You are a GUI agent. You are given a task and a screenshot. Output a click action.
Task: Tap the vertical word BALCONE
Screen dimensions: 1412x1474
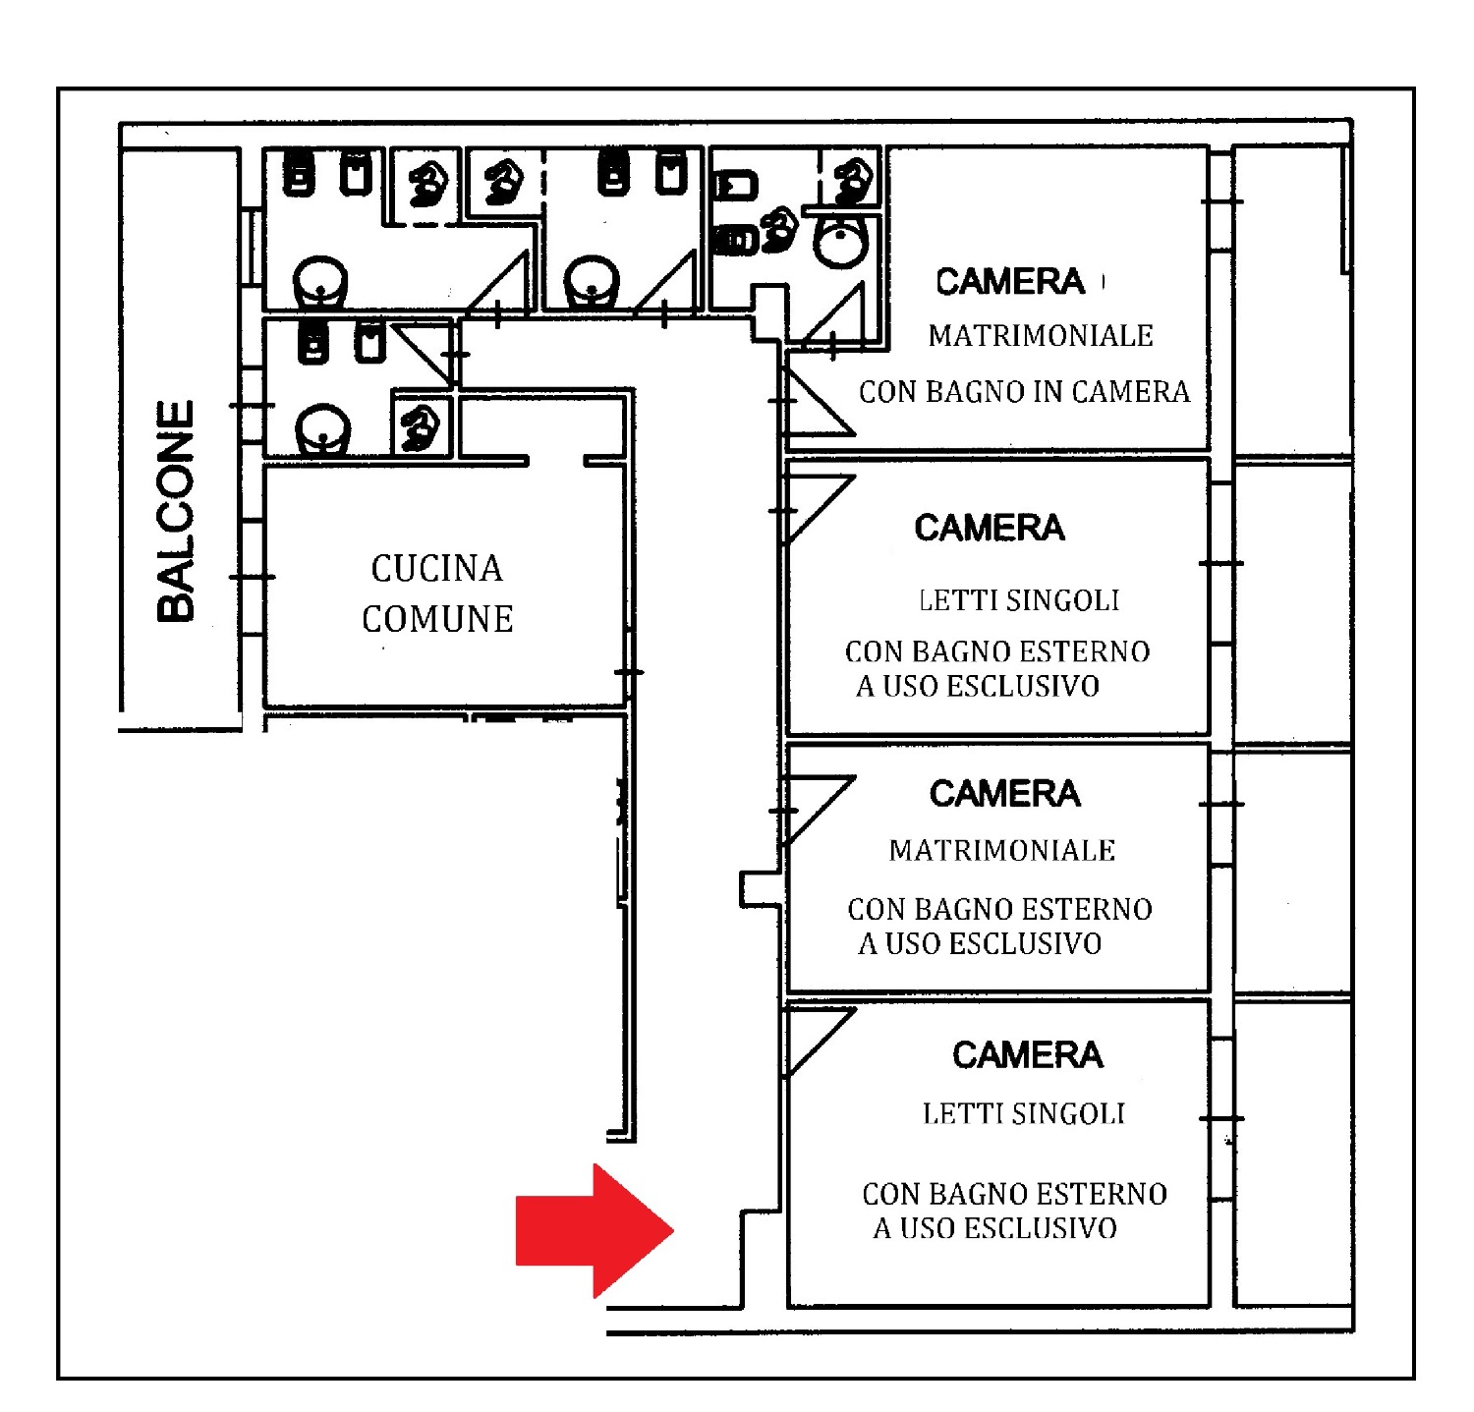[x=177, y=511]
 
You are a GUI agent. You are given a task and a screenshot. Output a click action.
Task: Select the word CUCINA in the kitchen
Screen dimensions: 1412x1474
[x=436, y=568]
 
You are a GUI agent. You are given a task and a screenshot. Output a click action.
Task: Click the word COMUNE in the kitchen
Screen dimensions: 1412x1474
[x=437, y=619]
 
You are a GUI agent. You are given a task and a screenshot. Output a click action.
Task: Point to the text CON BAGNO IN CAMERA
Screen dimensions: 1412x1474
[x=1024, y=392]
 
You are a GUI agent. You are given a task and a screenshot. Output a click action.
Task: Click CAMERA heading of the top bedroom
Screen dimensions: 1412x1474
[x=1009, y=282]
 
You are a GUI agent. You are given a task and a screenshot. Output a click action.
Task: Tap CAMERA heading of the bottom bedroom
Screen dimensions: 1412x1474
[x=1027, y=1055]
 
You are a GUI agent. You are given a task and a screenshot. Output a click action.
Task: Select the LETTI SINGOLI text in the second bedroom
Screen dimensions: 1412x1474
[x=1018, y=600]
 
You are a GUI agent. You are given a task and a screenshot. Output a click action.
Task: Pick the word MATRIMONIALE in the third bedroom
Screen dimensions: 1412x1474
[x=1001, y=851]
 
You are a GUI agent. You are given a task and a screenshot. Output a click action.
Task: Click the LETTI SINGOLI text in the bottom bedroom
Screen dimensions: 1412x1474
[x=1023, y=1113]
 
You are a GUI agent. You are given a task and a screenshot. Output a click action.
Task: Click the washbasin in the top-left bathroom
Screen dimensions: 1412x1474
[x=320, y=281]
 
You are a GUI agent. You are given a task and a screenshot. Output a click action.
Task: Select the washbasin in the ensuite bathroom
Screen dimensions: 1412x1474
[x=840, y=242]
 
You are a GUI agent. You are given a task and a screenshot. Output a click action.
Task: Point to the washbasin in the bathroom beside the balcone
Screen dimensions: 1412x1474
[x=323, y=429]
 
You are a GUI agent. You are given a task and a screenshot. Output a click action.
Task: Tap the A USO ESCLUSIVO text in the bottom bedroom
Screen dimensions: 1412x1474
[x=994, y=1228]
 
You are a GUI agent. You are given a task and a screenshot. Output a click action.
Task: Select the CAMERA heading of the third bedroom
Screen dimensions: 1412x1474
[x=1004, y=794]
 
